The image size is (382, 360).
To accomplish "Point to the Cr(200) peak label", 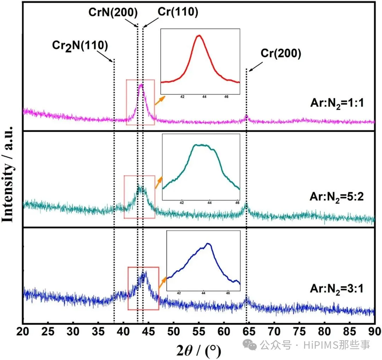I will pos(281,54).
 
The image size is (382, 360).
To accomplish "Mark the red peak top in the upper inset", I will pos(199,35).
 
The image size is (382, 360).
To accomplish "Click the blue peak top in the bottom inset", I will pos(208,243).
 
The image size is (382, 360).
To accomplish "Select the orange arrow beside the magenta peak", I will pos(159,100).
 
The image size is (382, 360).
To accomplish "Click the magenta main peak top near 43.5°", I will pos(141,84).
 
